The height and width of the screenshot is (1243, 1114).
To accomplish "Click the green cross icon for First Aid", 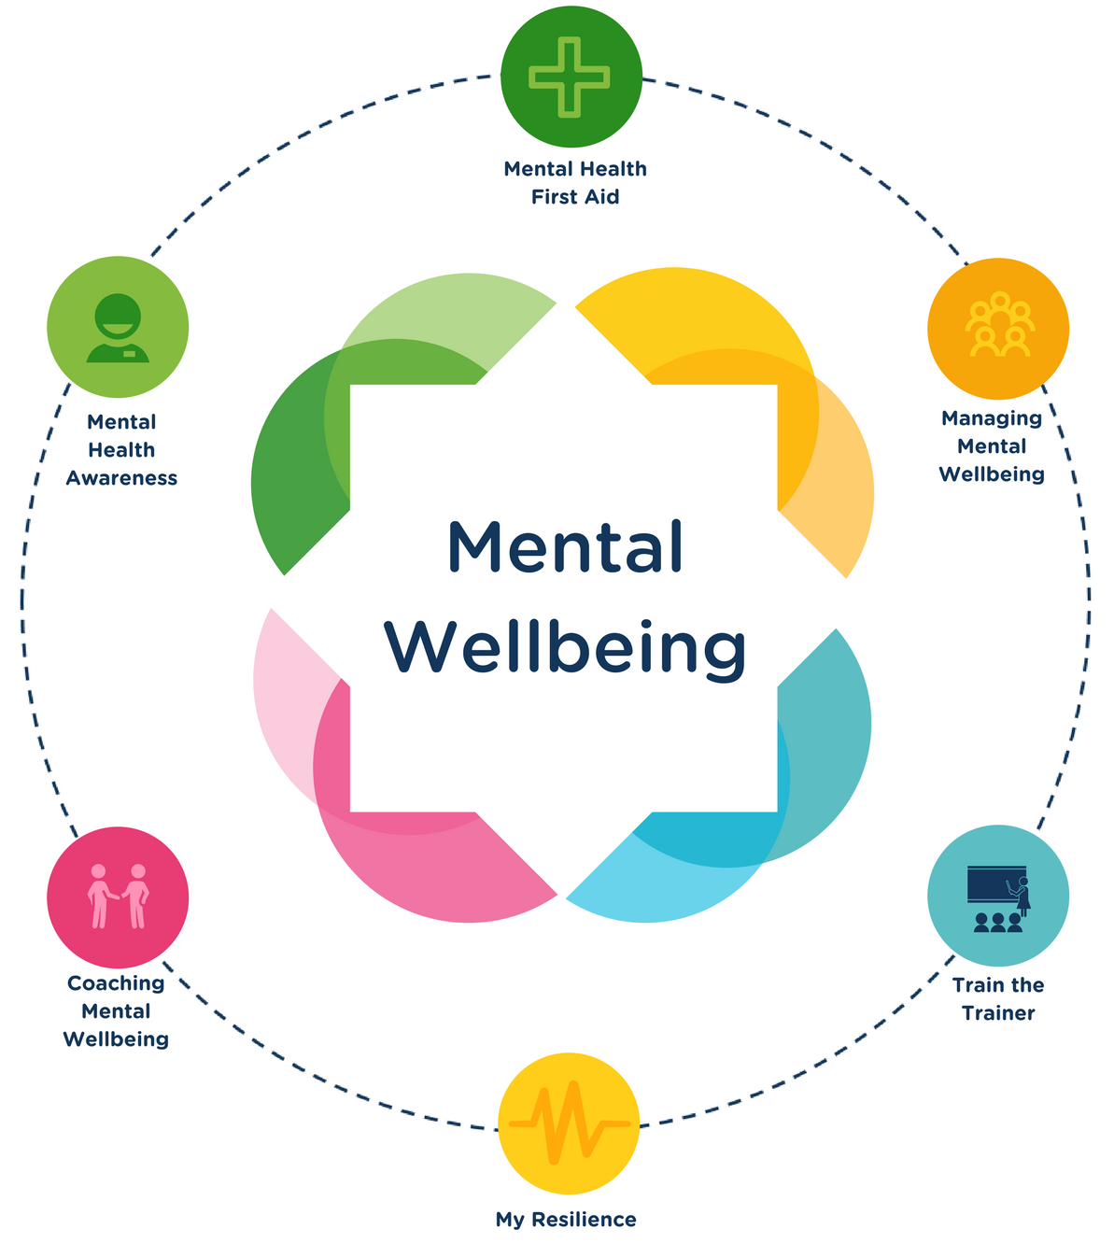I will click(570, 77).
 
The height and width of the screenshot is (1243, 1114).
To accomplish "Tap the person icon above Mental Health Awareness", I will click(118, 328).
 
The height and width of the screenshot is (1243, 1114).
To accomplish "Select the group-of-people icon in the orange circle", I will click(999, 328).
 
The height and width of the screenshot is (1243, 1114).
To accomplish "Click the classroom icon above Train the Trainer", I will click(997, 897).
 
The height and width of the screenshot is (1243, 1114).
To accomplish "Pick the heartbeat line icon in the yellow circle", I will click(569, 1123).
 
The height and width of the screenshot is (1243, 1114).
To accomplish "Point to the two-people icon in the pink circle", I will click(118, 896).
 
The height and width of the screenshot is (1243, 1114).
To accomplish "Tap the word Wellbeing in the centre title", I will click(565, 646).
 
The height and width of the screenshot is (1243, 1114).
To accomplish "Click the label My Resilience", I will click(566, 1220).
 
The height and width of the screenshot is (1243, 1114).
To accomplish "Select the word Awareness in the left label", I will click(121, 478).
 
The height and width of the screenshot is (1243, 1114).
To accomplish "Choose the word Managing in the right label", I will click(992, 418).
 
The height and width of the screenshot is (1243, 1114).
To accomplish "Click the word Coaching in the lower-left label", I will click(116, 983).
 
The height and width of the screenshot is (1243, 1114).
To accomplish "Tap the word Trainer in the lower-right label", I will click(998, 1013).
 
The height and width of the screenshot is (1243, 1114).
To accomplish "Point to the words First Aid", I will click(575, 197).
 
